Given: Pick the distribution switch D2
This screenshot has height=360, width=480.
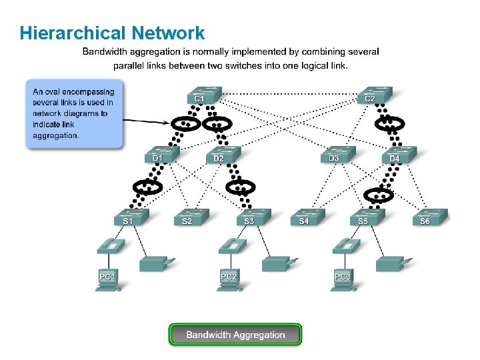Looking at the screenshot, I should [x=222, y=155].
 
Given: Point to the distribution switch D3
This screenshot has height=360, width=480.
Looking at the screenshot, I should [x=337, y=155].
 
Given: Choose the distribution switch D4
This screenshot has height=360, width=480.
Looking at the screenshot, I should [x=399, y=155].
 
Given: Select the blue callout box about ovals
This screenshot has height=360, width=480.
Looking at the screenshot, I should [x=75, y=113].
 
